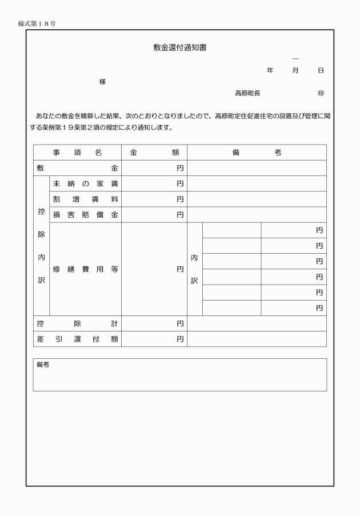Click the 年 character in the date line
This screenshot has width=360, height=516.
tap(270, 70)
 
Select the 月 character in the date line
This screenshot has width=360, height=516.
tap(295, 70)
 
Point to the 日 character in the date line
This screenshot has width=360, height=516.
tap(321, 70)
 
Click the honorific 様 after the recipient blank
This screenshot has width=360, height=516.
tap(103, 82)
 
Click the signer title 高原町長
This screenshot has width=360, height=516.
tap(247, 93)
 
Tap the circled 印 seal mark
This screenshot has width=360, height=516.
tap(321, 93)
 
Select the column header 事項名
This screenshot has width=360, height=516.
tap(77, 153)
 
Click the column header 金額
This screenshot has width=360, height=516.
tap(154, 153)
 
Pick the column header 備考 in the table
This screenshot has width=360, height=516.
tap(256, 153)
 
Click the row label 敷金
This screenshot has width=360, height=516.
tap(77, 168)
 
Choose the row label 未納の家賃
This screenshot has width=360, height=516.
tap(85, 184)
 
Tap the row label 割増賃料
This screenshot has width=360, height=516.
tap(85, 199)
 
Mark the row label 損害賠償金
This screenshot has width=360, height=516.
tap(85, 215)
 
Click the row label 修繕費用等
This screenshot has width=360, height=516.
tap(85, 269)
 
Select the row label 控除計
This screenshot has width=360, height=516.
tap(77, 323)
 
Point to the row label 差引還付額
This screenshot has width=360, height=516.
tap(77, 339)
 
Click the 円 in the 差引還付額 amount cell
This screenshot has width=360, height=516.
tap(180, 339)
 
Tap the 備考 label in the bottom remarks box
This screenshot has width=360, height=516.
tap(42, 365)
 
